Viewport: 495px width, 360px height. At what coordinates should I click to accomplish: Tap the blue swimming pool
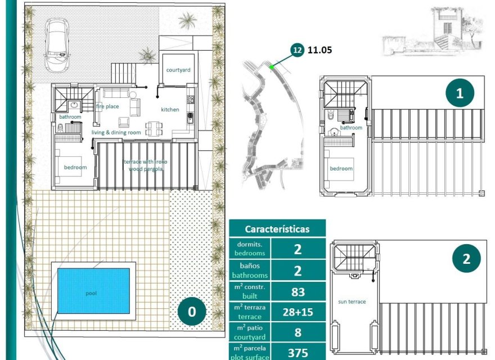[x=93, y=291]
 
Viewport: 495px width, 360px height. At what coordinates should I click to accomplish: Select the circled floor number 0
[x=192, y=313]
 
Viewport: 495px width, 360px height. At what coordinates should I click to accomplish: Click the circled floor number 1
[x=460, y=93]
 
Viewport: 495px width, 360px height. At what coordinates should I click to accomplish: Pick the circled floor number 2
[x=466, y=259]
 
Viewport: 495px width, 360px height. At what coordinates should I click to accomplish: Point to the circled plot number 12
[x=297, y=50]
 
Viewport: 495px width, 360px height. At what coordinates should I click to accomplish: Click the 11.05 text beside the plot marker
[x=319, y=50]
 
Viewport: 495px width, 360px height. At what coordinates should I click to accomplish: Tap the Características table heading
[x=277, y=229]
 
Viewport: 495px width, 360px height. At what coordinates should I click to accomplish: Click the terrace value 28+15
[x=298, y=312]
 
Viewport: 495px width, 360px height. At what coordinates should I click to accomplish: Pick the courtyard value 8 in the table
[x=298, y=332]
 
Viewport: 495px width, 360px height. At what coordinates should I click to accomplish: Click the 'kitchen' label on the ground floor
[x=170, y=110]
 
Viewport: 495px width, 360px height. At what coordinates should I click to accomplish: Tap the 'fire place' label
[x=107, y=106]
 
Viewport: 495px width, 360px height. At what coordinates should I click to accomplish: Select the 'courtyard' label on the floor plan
[x=178, y=70]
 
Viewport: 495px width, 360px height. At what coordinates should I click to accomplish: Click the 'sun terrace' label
[x=352, y=302]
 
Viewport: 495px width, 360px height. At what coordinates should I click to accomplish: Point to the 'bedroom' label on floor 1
[x=341, y=169]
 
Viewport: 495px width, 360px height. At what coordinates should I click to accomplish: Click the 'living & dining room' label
[x=116, y=133]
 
